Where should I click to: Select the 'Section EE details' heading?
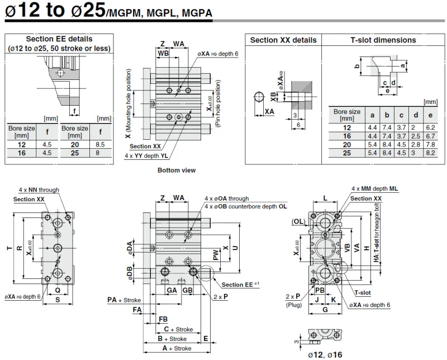click(x=59, y=39)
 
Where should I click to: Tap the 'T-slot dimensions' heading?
click(x=383, y=40)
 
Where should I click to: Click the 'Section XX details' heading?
click(x=283, y=40)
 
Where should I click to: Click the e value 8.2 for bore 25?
click(x=430, y=152)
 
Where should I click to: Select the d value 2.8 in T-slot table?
click(x=415, y=144)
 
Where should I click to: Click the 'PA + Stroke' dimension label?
click(x=125, y=300)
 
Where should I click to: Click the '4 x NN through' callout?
click(x=39, y=190)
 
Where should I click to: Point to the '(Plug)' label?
click(x=293, y=305)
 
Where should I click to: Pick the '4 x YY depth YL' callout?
click(x=145, y=155)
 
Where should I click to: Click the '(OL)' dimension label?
click(x=298, y=221)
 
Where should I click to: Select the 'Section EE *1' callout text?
click(x=240, y=285)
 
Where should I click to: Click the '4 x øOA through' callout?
click(x=226, y=198)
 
